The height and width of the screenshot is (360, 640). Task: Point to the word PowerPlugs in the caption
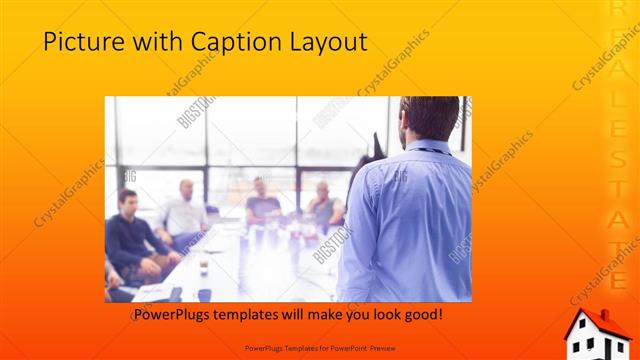(172, 314)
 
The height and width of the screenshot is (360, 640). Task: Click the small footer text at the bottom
(319, 349)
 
